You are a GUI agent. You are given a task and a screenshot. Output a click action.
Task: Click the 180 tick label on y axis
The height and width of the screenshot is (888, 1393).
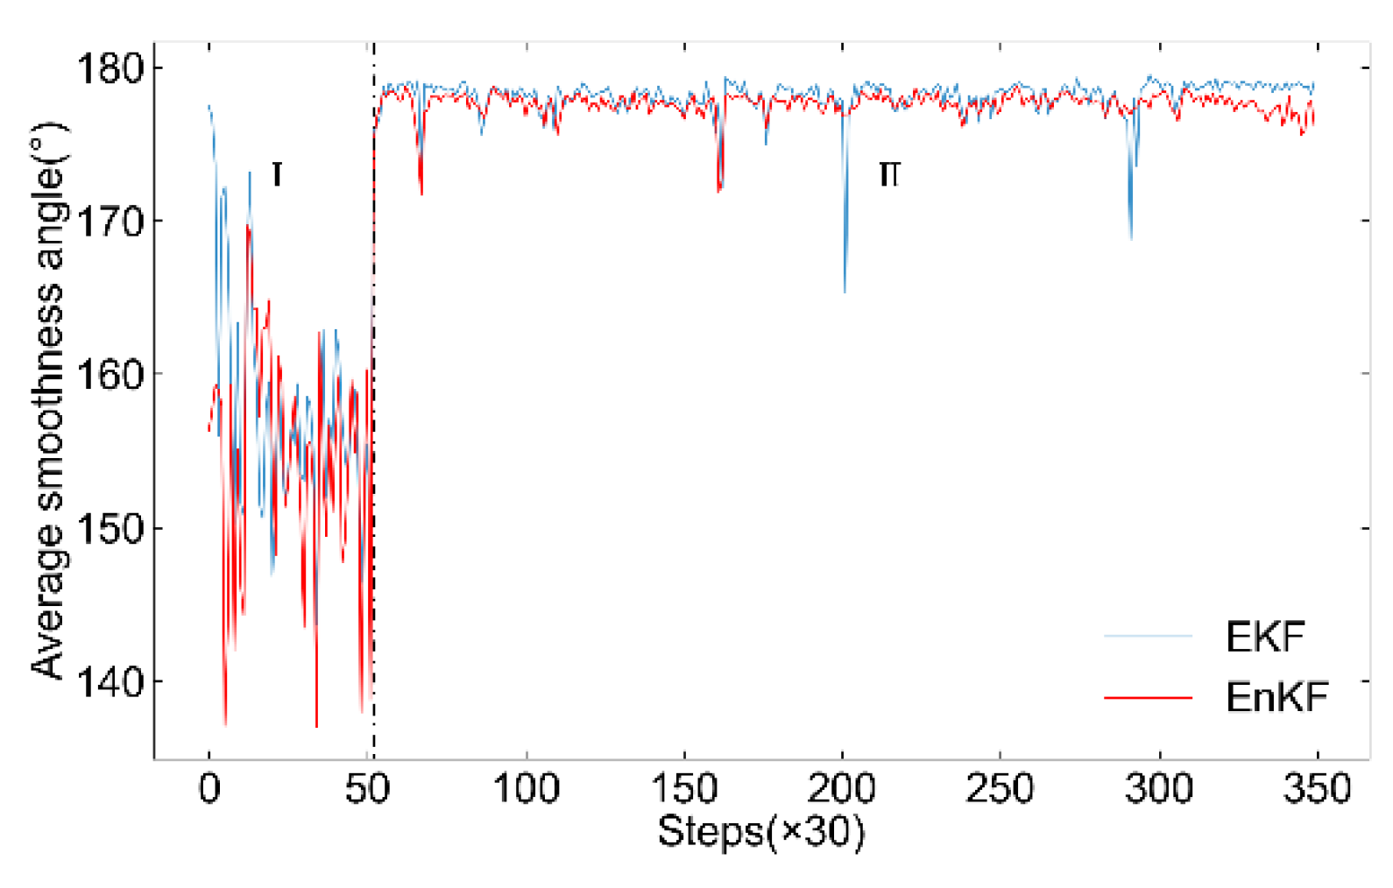(x=110, y=68)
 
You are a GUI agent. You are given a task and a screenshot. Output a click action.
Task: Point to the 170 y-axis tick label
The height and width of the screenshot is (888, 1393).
(x=110, y=222)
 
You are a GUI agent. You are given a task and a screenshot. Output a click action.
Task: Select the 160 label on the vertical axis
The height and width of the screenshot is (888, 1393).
(x=110, y=375)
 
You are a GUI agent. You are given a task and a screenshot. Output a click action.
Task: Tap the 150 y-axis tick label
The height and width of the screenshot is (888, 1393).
(x=110, y=529)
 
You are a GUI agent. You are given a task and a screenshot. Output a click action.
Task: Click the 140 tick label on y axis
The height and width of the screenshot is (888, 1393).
(x=110, y=681)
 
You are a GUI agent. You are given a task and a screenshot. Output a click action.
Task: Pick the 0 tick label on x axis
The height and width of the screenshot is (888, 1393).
(x=209, y=789)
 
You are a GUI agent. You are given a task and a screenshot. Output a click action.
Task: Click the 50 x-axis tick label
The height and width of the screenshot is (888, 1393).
(x=367, y=789)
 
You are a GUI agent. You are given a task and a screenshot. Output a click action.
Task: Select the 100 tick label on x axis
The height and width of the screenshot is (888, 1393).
(x=526, y=789)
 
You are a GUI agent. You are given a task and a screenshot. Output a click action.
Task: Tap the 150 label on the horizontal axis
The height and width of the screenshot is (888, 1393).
(x=684, y=789)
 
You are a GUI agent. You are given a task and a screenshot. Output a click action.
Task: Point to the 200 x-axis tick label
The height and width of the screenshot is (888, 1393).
(x=842, y=789)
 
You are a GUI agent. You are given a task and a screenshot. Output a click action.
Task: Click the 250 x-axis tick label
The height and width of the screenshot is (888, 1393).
(x=1000, y=789)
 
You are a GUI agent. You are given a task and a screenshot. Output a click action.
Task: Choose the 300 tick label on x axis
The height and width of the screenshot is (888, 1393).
(x=1159, y=789)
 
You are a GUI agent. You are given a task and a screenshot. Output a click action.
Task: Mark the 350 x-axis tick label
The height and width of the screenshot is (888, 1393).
(x=1317, y=789)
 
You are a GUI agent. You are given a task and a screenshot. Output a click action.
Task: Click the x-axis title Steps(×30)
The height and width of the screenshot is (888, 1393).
(x=760, y=831)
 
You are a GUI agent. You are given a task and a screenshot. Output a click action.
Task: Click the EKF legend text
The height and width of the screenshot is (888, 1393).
(x=1265, y=637)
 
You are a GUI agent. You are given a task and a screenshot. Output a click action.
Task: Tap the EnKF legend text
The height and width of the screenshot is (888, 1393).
(x=1276, y=697)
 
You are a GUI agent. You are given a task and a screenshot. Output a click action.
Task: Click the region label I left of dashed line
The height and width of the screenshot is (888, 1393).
(x=277, y=174)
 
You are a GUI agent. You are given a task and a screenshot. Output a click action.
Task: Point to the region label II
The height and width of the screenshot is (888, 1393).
(x=889, y=174)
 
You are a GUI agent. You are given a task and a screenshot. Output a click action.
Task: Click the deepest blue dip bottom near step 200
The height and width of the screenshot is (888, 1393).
(x=845, y=291)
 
